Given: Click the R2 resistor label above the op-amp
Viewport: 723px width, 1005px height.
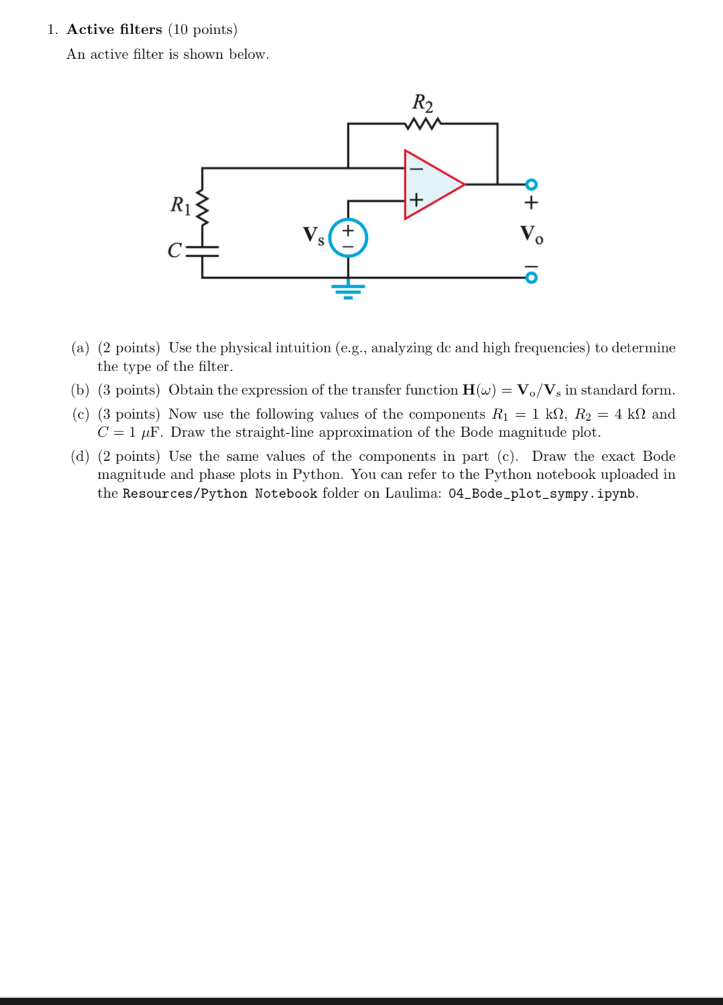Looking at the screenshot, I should (422, 103).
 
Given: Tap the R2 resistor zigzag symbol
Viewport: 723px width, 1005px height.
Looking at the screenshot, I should (423, 124).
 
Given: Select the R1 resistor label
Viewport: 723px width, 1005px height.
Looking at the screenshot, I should (180, 204).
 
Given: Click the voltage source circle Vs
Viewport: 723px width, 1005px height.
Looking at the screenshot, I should (348, 238).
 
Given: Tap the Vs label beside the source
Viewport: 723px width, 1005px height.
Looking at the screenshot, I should (313, 235).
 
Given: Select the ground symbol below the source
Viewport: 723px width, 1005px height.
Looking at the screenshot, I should (348, 289).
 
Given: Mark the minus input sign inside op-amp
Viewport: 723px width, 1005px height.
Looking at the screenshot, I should (416, 168).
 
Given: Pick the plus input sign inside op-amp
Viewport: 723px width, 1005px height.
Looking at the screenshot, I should (416, 200).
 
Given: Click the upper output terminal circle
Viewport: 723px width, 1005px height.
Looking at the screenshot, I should (531, 184).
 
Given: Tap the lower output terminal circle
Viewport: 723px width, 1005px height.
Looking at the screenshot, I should (531, 277).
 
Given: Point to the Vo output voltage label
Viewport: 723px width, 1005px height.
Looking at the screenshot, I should (531, 234).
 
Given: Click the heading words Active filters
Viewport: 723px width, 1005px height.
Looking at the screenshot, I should (115, 29).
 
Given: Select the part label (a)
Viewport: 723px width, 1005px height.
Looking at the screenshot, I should (80, 348).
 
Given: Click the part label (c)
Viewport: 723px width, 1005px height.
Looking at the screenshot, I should (80, 414).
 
